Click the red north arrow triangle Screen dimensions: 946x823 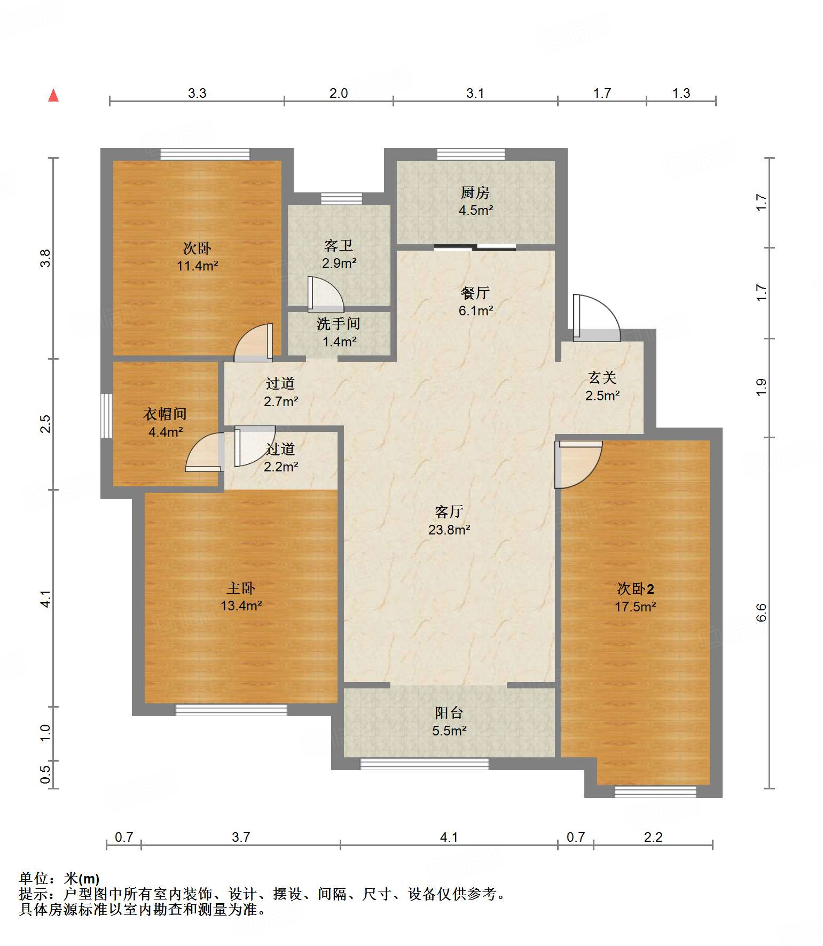[53, 95]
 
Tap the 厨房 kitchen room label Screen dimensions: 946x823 [475, 192]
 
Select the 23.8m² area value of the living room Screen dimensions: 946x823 [449, 530]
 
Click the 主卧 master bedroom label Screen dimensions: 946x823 [240, 588]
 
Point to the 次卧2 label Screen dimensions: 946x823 [635, 589]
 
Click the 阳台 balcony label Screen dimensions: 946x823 [449, 712]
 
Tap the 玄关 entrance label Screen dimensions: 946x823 [602, 378]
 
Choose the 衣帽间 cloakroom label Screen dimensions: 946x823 [165, 414]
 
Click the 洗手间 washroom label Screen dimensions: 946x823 [338, 323]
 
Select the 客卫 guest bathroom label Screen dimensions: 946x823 [338, 245]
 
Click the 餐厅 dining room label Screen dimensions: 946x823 [475, 293]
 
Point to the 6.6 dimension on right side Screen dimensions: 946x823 [761, 612]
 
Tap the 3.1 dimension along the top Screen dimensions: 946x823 [475, 93]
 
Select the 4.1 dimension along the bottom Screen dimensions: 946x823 [449, 837]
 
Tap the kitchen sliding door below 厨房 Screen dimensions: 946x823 [475, 247]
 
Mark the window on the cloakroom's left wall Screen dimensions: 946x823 [107, 416]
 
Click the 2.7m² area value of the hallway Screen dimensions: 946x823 [281, 401]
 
